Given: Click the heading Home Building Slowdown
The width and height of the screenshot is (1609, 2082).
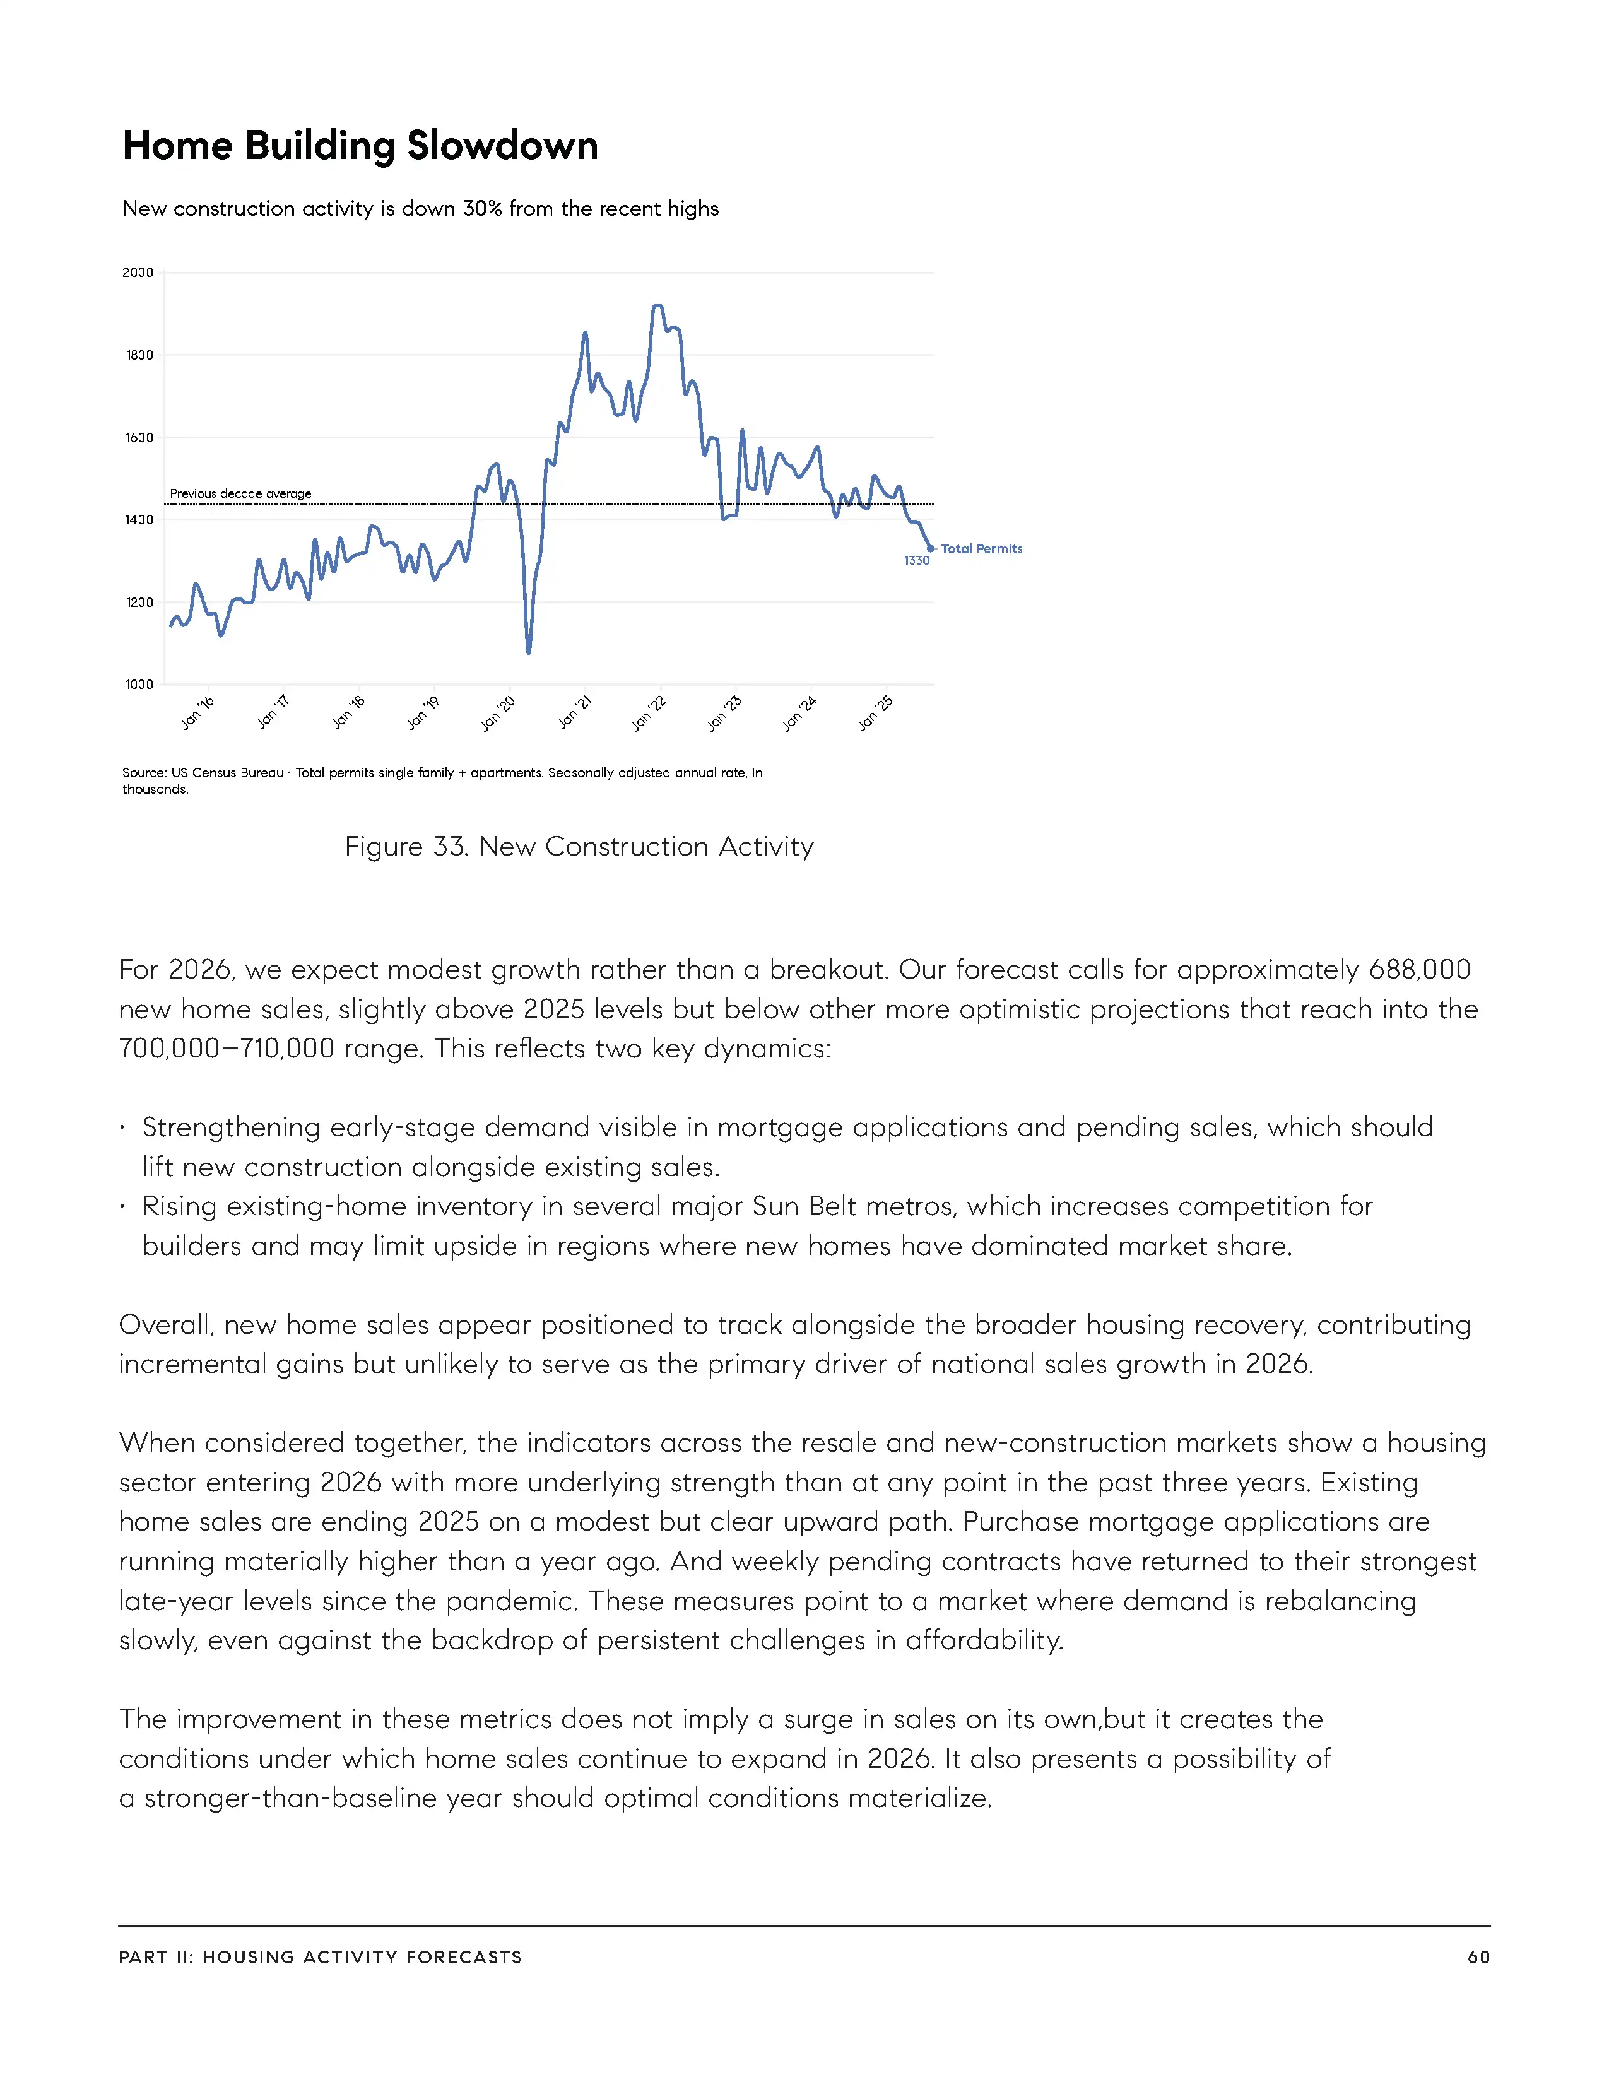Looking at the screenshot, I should click(x=360, y=146).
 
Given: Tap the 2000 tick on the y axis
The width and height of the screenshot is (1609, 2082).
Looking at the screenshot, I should click(x=138, y=273).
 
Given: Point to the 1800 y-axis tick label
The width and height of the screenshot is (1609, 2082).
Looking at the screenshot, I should click(x=139, y=356).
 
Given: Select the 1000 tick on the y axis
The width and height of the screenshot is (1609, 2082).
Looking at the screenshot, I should click(x=139, y=685).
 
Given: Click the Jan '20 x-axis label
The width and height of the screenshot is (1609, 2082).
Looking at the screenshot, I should click(x=498, y=713).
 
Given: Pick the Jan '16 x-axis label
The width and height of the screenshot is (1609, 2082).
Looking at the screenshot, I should click(x=198, y=713).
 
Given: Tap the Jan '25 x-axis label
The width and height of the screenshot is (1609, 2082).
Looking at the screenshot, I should click(x=875, y=713).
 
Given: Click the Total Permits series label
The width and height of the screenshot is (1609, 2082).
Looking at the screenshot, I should click(x=981, y=549).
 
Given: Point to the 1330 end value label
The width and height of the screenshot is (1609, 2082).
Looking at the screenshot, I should click(x=916, y=560).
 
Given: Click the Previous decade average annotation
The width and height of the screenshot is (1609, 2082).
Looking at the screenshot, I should click(x=240, y=494).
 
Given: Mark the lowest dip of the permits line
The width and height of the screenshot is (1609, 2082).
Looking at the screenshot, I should click(x=529, y=652).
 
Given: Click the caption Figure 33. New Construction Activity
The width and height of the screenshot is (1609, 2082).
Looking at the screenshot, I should click(x=579, y=847).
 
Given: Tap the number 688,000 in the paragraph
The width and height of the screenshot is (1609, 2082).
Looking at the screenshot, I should click(x=1419, y=970).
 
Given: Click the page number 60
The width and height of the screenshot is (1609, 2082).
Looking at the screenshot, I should click(x=1478, y=1957).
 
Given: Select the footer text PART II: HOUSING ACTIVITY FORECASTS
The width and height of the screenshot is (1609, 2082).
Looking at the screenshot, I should click(x=321, y=1957).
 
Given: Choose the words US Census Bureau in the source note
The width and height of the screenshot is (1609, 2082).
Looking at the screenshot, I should click(x=227, y=773).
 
